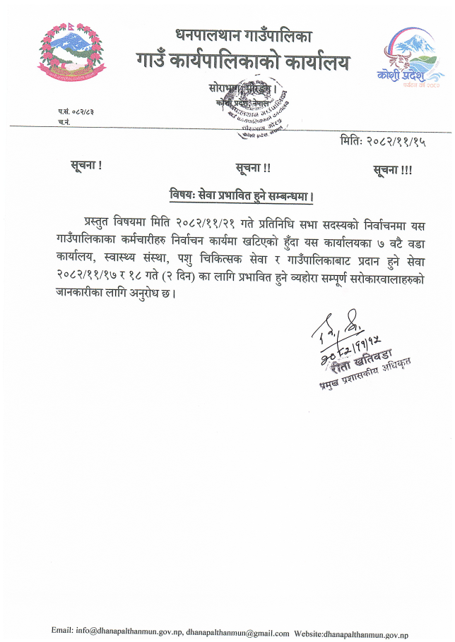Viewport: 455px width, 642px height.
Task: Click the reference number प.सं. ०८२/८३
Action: (x=78, y=111)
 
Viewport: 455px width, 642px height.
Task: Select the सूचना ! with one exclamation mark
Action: (x=86, y=166)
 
